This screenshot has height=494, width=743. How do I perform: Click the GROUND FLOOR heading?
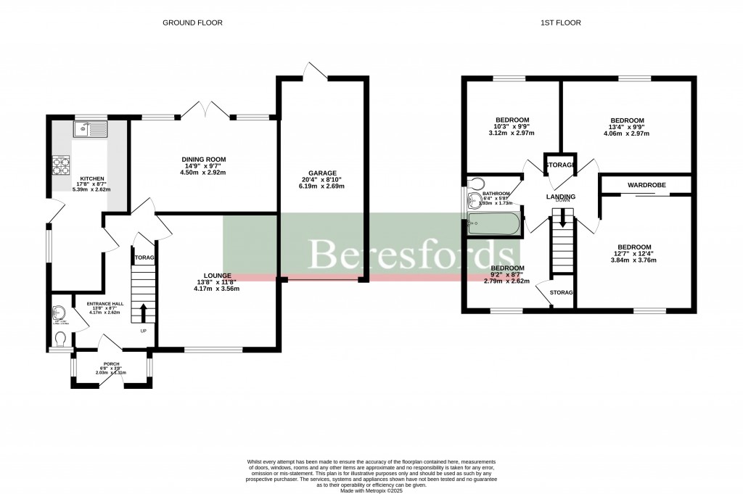(x=192, y=22)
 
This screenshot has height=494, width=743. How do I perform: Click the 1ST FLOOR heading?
(x=560, y=22)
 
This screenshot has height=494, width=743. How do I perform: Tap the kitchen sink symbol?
(x=90, y=130)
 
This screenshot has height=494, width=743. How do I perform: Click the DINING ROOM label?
(x=204, y=160)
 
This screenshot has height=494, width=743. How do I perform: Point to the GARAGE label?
(x=321, y=173)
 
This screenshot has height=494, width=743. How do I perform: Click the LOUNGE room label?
(x=217, y=276)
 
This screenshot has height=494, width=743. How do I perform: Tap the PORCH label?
(x=111, y=364)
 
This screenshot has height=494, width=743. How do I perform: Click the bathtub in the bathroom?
(x=494, y=223)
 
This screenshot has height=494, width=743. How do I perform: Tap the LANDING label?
(x=561, y=197)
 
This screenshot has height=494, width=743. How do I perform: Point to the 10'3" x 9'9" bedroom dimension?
(x=512, y=127)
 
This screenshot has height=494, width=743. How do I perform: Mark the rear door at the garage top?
(x=315, y=70)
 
